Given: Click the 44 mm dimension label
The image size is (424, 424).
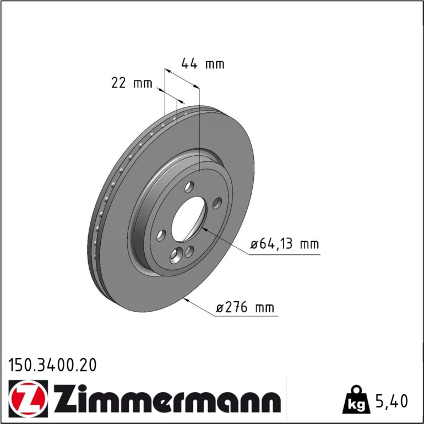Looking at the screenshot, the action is (203, 64).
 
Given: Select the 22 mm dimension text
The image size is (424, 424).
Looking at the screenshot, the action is (132, 83).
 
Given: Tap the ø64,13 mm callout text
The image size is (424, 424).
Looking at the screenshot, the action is (285, 244).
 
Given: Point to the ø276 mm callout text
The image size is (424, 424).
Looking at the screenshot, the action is (245, 307).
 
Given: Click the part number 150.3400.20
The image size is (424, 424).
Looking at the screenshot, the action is (52, 365).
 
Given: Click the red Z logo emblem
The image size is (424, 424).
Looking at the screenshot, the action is (28, 399).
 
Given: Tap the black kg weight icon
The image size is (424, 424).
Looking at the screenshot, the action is (356, 400).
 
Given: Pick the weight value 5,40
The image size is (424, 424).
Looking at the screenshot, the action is (391, 401).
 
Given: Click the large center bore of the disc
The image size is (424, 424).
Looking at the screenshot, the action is (188, 219).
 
